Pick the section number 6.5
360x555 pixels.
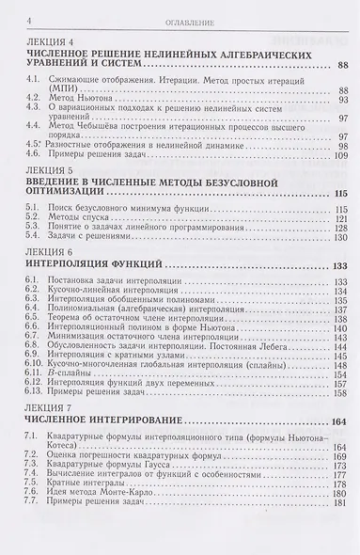point(38,326)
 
